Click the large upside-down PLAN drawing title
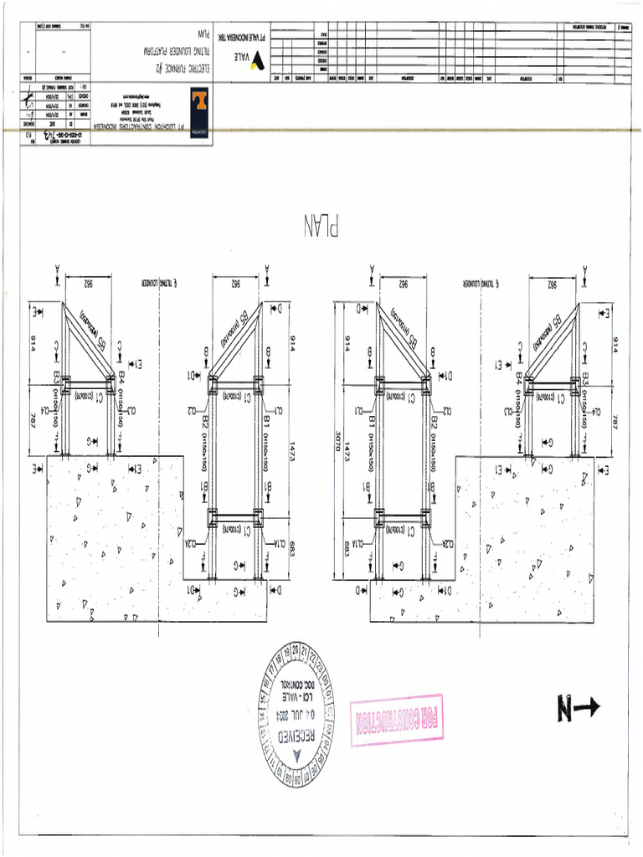coord(321,226)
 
